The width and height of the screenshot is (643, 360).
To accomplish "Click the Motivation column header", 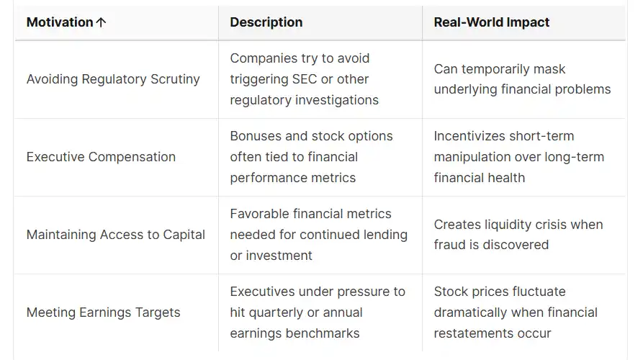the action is click(x=60, y=22).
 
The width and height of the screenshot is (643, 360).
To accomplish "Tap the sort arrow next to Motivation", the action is click(x=101, y=22).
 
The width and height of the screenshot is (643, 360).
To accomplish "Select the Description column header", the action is click(x=266, y=22).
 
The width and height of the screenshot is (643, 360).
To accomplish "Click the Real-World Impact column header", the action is click(x=492, y=22).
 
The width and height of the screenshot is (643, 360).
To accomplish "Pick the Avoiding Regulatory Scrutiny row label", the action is click(x=113, y=79).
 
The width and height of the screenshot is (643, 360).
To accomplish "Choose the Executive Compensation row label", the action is click(x=101, y=157).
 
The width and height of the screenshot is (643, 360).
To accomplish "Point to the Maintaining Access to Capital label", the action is click(x=116, y=235).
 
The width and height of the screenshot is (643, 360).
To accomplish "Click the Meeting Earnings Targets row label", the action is click(x=104, y=312).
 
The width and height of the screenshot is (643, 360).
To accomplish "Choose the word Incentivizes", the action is click(x=463, y=136).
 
